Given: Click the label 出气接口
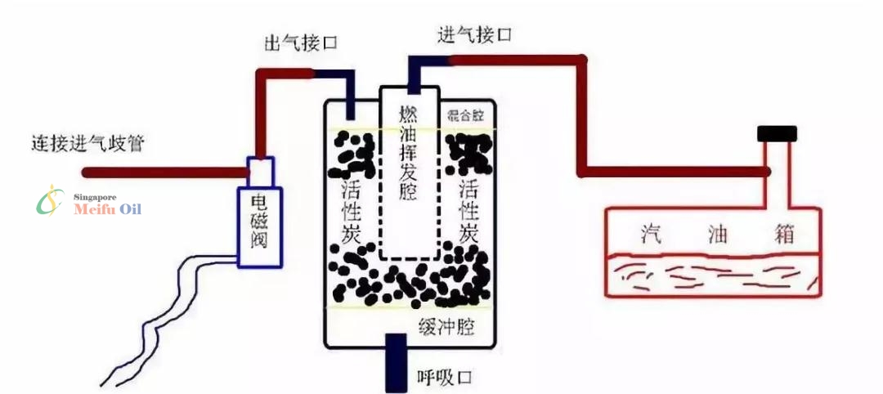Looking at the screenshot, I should (302, 41).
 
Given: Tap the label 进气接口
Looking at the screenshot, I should (474, 34).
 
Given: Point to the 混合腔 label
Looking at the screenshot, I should (464, 114).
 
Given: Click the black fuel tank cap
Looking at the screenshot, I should (777, 133).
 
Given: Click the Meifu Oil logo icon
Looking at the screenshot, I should (51, 200).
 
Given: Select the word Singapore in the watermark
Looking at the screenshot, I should (95, 197).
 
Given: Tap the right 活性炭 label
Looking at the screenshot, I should (468, 211).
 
